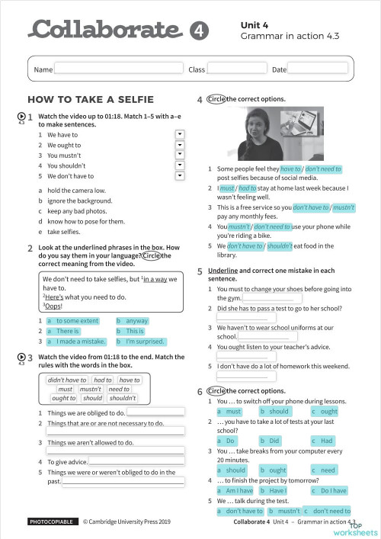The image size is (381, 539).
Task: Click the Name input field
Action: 118,69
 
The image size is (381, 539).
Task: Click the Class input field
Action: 235,69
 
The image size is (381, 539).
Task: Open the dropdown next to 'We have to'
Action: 181,133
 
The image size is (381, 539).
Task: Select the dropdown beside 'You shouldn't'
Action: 181,165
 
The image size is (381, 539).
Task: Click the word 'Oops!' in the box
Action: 53,306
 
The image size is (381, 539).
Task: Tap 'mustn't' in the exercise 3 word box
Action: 90,389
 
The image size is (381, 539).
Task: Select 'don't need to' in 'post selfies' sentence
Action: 323,168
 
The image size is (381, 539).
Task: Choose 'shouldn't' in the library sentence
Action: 280,245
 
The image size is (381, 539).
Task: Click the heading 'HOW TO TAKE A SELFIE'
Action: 91,99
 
